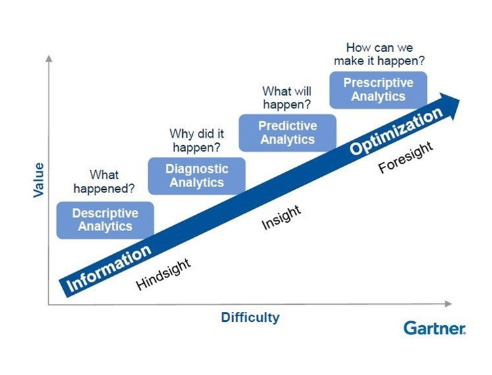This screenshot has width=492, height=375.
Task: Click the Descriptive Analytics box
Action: [105, 220]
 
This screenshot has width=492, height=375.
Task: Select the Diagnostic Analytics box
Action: [197, 176]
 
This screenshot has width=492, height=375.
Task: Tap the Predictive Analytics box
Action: [287, 133]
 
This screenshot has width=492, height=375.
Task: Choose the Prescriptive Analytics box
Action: [378, 90]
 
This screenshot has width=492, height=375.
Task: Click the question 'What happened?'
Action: [104, 181]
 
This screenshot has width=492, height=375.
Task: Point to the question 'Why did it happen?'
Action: [197, 140]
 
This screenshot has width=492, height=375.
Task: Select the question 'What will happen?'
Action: [287, 97]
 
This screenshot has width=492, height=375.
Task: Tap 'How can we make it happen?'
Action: [379, 55]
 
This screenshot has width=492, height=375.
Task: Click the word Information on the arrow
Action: [109, 269]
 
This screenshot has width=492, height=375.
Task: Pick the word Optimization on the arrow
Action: [396, 131]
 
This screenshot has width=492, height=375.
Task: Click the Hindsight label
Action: [163, 274]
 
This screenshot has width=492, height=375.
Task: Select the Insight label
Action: [282, 217]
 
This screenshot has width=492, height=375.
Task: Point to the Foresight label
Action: [406, 157]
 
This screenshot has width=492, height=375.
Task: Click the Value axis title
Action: [39, 180]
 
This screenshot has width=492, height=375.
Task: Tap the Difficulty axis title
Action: [250, 318]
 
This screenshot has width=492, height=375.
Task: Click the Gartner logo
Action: [435, 328]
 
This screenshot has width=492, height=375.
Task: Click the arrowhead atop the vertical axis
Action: [49, 58]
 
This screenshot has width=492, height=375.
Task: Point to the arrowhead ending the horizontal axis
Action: [449, 303]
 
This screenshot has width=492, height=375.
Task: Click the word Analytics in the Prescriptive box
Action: [378, 97]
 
